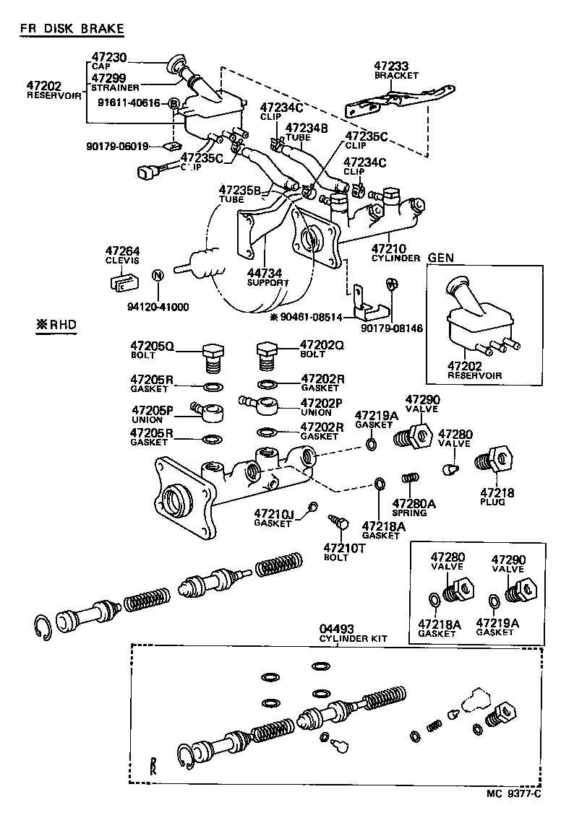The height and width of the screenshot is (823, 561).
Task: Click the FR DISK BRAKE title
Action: pos(72,28)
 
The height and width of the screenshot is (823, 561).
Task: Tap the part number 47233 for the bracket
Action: pos(391,66)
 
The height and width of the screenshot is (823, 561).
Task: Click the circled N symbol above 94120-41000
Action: pos(157,276)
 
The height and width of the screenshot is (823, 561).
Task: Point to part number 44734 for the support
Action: pos(265,273)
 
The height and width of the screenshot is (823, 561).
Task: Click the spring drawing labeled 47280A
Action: pos(410,478)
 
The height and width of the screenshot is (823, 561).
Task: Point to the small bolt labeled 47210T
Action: pos(338,522)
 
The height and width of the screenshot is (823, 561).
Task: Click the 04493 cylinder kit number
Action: pos(336,629)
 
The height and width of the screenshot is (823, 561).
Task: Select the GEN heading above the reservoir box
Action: pos(440,258)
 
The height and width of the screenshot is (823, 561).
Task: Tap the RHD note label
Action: pos(57,325)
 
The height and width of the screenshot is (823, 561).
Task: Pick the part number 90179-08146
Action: pos(393,328)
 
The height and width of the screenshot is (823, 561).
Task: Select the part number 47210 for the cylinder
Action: pos(388,249)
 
